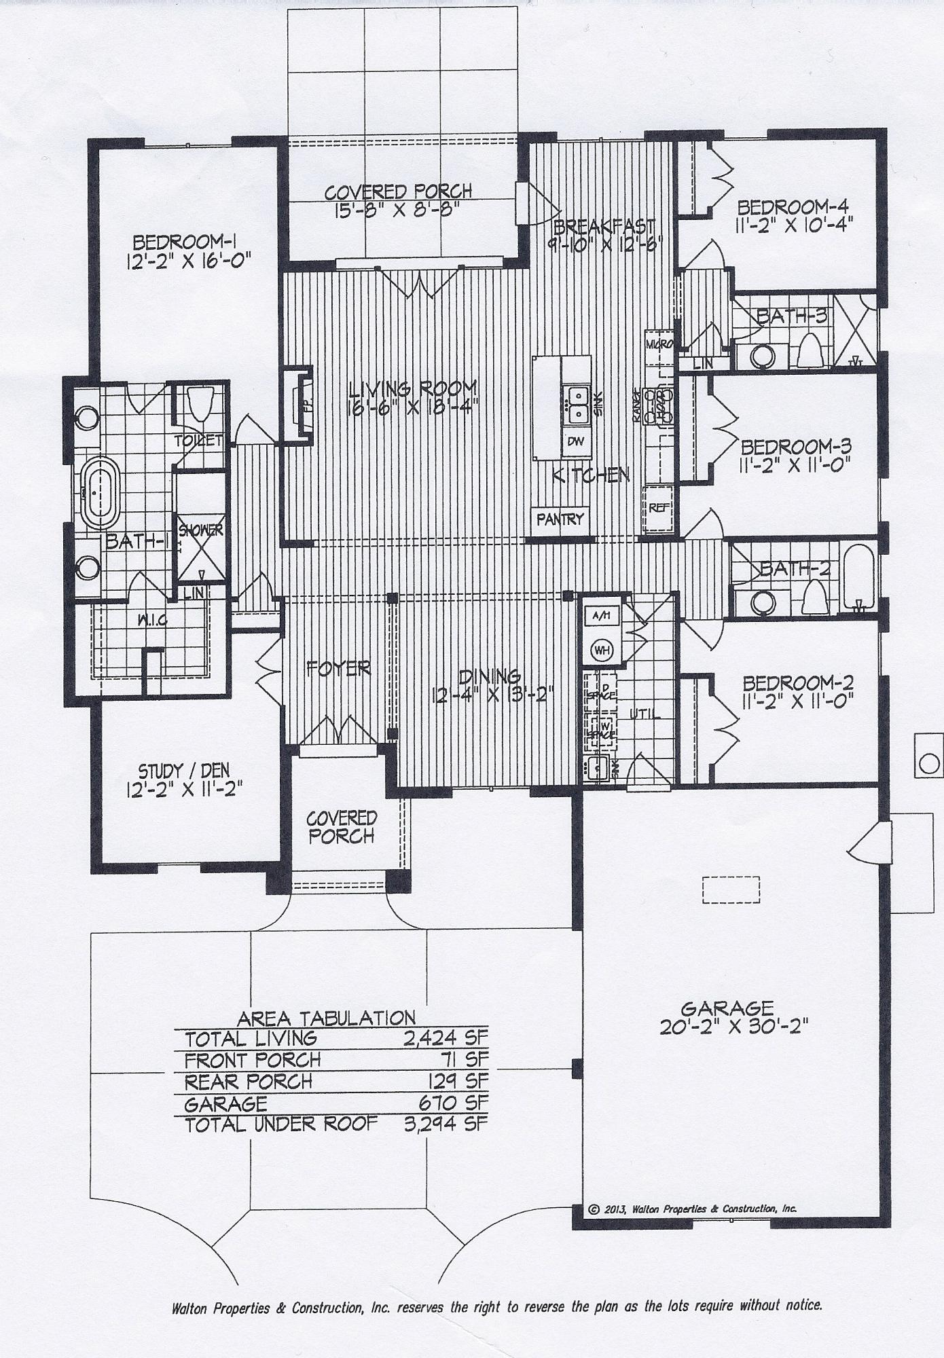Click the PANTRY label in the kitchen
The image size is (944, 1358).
[560, 519]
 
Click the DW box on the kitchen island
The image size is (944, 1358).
[576, 441]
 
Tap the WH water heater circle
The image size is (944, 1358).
[602, 650]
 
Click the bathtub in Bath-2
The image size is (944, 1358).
[858, 576]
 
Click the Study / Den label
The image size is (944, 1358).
[184, 771]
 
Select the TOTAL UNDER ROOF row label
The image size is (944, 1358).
[280, 1124]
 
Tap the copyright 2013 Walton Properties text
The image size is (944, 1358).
[691, 1209]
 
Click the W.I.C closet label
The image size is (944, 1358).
[152, 620]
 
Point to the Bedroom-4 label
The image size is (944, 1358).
[793, 206]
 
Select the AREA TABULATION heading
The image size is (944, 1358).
[326, 1019]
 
